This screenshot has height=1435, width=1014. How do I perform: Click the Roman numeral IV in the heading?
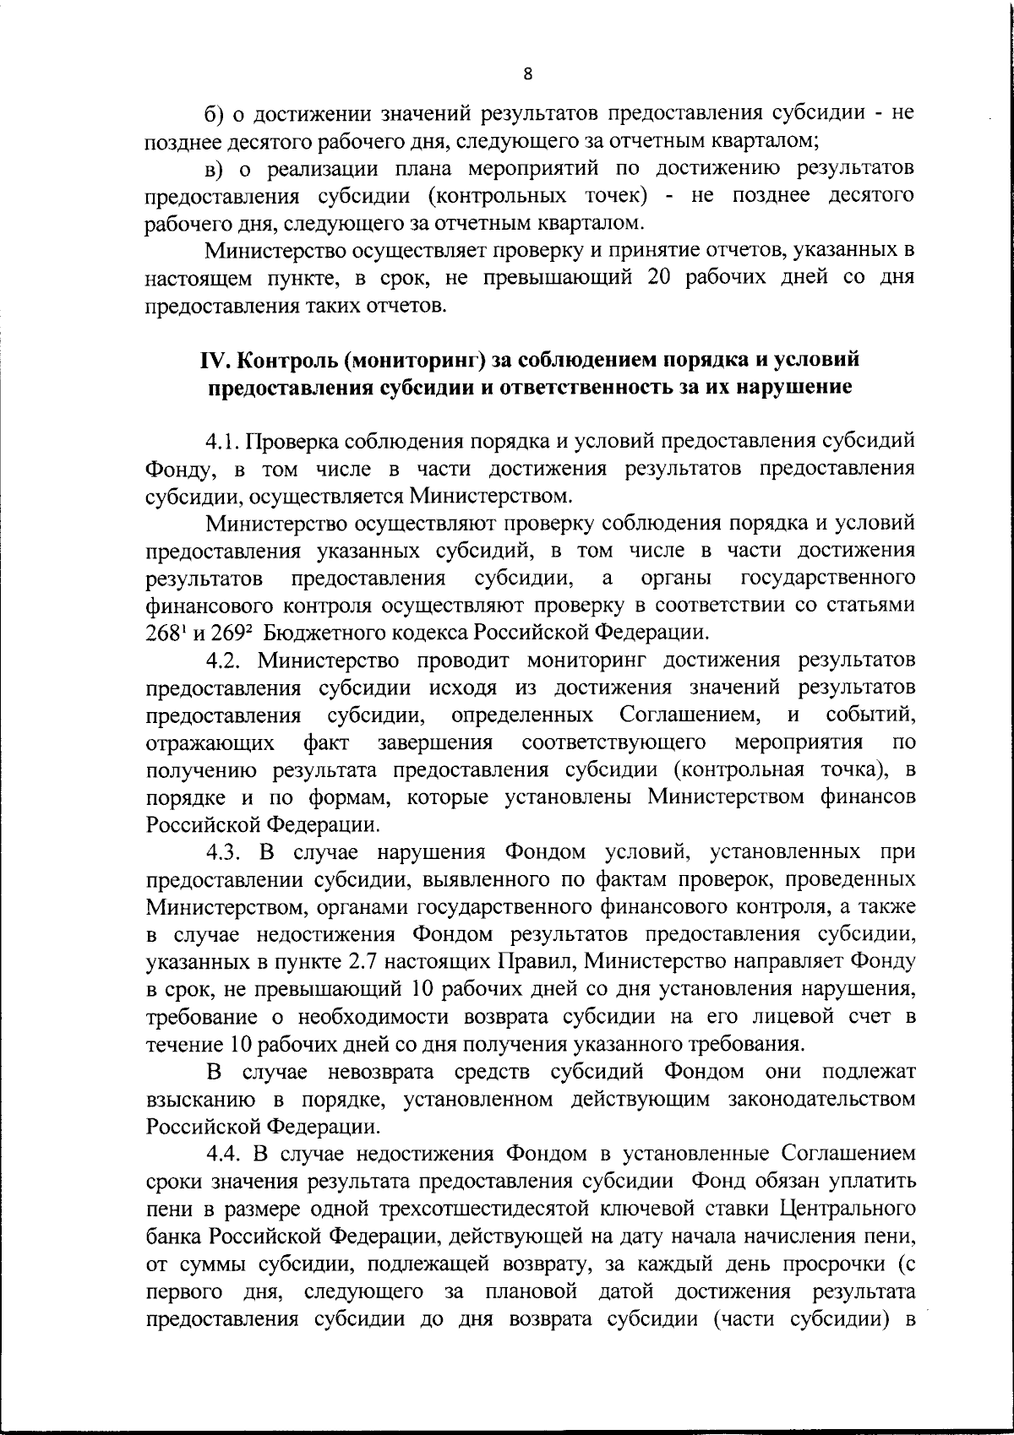pos(214,360)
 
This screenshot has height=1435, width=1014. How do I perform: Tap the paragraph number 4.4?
pos(224,1155)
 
